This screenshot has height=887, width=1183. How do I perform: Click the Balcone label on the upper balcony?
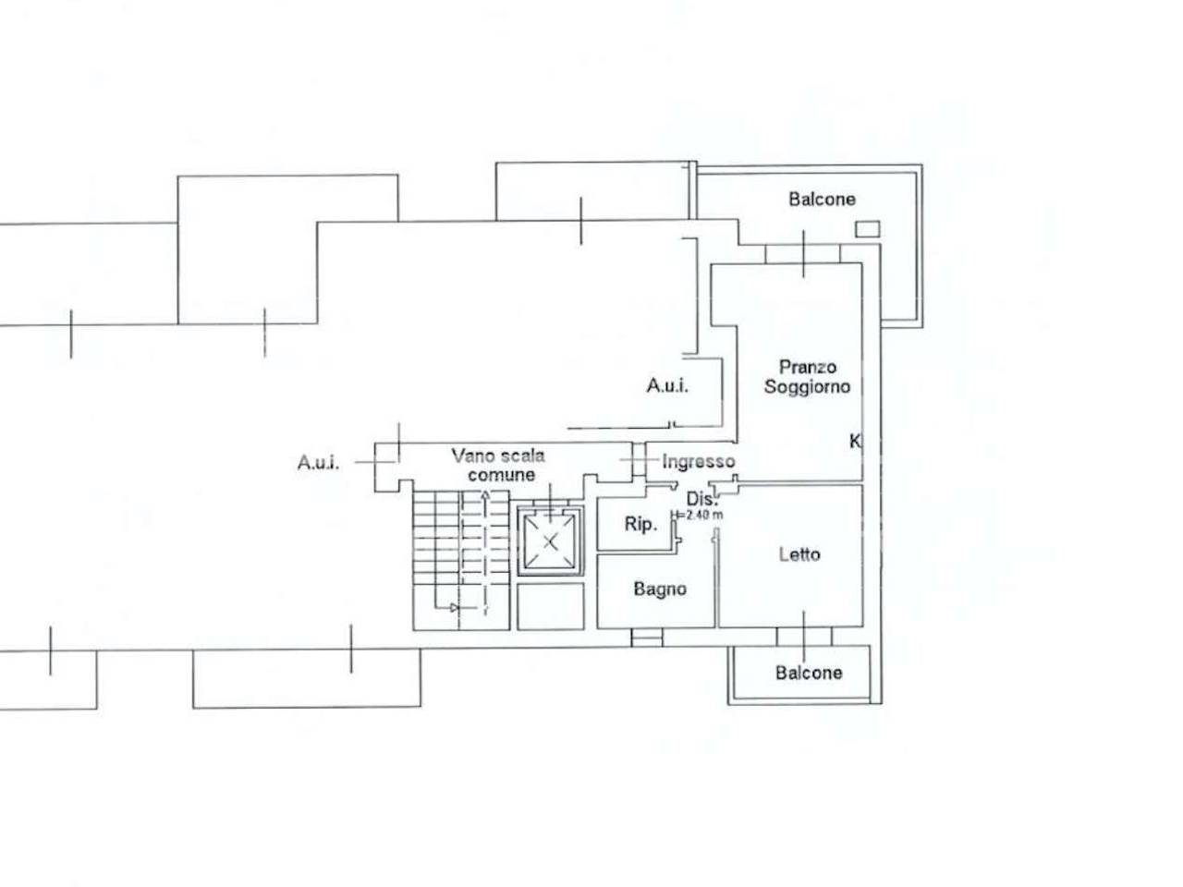click(x=822, y=200)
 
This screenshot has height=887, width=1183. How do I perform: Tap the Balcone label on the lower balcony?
click(x=809, y=673)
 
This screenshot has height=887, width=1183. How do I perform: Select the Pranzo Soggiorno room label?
click(x=808, y=377)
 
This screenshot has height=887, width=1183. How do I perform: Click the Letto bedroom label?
click(x=799, y=554)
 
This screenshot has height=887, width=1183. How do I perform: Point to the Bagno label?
click(x=660, y=589)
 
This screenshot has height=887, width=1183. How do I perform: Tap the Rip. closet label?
click(x=640, y=524)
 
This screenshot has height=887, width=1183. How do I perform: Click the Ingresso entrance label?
click(x=699, y=462)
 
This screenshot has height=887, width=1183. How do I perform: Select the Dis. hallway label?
click(x=702, y=499)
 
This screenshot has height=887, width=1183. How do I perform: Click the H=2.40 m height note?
click(x=697, y=515)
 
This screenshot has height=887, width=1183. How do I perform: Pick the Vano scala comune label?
click(x=499, y=466)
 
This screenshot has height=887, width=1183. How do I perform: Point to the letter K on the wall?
click(x=855, y=442)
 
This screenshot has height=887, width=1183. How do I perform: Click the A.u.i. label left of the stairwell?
click(x=319, y=463)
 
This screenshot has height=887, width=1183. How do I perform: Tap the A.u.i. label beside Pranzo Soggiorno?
click(x=668, y=385)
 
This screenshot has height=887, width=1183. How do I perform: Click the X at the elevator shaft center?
click(x=550, y=541)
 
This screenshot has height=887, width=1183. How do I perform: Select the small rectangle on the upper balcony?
click(x=868, y=229)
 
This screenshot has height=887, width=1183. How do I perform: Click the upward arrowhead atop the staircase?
click(x=486, y=495)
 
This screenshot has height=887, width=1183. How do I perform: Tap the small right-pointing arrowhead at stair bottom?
click(x=455, y=608)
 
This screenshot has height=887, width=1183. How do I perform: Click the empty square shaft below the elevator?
click(x=551, y=606)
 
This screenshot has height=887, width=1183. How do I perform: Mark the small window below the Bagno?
click(x=647, y=638)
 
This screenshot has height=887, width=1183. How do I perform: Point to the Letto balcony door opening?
click(x=804, y=637)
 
